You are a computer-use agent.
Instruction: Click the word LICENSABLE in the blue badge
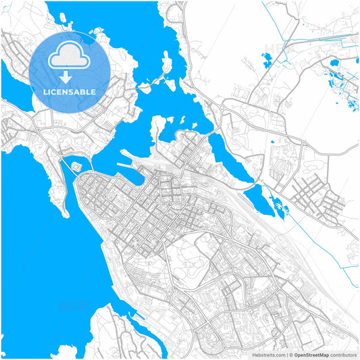click(70, 91)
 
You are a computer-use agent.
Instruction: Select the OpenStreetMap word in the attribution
click(310, 354)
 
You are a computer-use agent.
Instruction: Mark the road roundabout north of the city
click(222, 106)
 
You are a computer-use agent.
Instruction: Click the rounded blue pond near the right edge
click(335, 65)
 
